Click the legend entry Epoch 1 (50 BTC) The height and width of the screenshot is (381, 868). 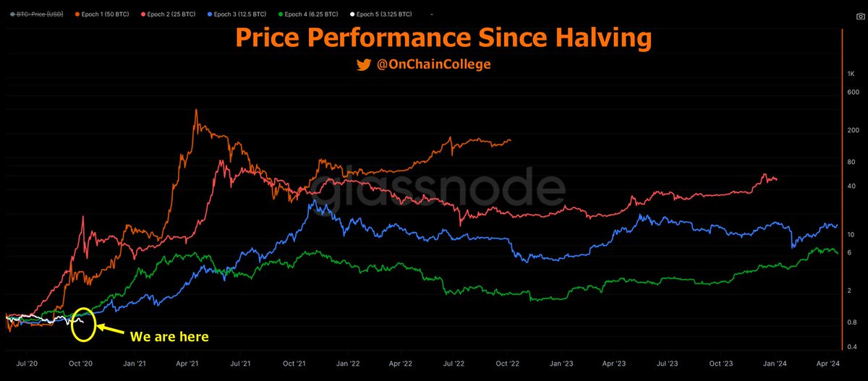pos(103,14)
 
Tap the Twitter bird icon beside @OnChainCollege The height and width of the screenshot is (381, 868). pos(364,65)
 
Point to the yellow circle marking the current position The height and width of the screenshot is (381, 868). pos(84,325)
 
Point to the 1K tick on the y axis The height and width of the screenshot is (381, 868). pos(851,74)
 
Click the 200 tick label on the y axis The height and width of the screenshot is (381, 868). pos(852,130)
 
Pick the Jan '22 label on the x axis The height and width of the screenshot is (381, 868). pos(347,366)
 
